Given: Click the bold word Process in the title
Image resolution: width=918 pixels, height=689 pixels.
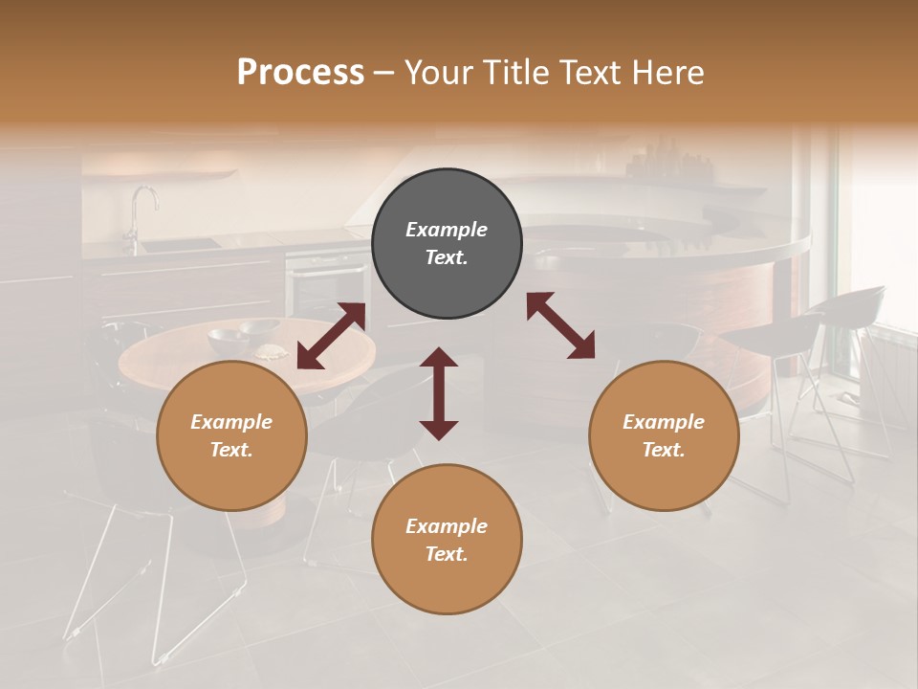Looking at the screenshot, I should click(x=300, y=73).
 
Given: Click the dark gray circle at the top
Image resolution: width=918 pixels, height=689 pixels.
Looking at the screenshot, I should click(x=447, y=244).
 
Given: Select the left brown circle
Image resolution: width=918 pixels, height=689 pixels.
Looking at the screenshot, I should click(x=231, y=435).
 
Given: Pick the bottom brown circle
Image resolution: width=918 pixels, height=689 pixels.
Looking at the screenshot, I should click(x=447, y=540).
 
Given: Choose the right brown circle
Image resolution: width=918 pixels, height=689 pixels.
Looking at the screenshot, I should click(x=663, y=435).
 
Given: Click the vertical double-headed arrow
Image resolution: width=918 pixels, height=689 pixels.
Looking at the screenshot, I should click(x=439, y=393).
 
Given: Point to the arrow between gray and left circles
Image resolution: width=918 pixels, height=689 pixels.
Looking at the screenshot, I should click(x=332, y=336).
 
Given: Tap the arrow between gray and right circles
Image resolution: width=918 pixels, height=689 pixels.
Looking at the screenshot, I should click(x=560, y=325).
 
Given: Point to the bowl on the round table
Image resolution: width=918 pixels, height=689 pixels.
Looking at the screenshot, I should click(x=229, y=340).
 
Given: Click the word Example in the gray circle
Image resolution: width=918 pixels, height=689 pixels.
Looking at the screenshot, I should click(x=447, y=230).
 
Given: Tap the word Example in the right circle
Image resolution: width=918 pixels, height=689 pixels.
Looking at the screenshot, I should click(x=663, y=422).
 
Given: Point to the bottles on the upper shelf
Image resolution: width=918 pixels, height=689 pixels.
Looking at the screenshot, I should click(x=669, y=159).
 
